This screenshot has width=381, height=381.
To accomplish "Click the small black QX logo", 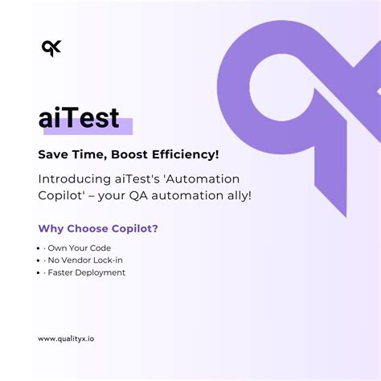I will [x=51, y=48].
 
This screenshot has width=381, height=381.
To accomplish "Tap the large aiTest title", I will [x=79, y=118].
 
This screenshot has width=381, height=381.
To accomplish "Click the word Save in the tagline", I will [x=54, y=154].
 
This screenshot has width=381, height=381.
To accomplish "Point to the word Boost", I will [x=124, y=154].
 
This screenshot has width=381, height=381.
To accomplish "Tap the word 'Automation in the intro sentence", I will [x=200, y=178].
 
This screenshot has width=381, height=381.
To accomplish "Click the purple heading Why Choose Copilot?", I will [x=98, y=228].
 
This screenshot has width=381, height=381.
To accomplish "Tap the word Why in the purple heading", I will [x=51, y=228].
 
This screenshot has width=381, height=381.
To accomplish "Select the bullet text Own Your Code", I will [x=81, y=248].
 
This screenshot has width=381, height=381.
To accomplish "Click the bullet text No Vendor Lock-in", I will [x=87, y=260].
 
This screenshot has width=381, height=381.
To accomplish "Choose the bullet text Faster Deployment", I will [x=88, y=272].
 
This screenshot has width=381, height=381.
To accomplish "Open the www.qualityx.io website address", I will [x=71, y=338].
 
